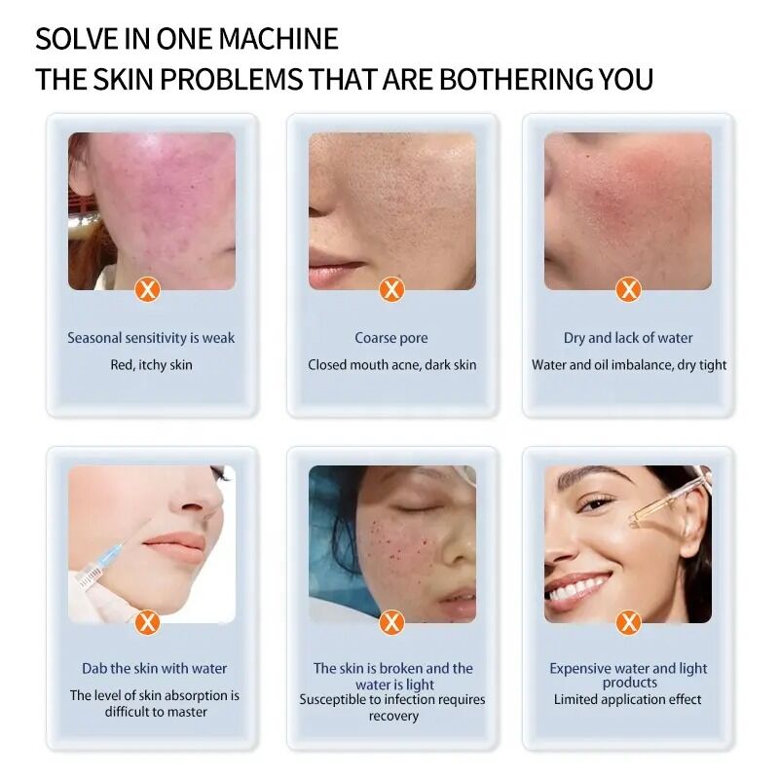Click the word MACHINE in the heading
click(x=278, y=39)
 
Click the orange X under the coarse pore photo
click(x=392, y=289)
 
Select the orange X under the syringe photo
click(x=147, y=622)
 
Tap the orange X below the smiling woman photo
click(x=628, y=622)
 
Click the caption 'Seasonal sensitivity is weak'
click(x=151, y=338)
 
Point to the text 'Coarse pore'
click(x=391, y=338)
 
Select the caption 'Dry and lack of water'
click(x=628, y=338)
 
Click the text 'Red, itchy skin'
click(x=151, y=364)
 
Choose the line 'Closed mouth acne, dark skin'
click(x=392, y=364)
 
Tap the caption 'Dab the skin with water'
click(x=155, y=668)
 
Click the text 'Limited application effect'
click(x=627, y=699)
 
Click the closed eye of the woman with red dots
click(x=411, y=507)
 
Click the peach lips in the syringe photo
click(x=175, y=546)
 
